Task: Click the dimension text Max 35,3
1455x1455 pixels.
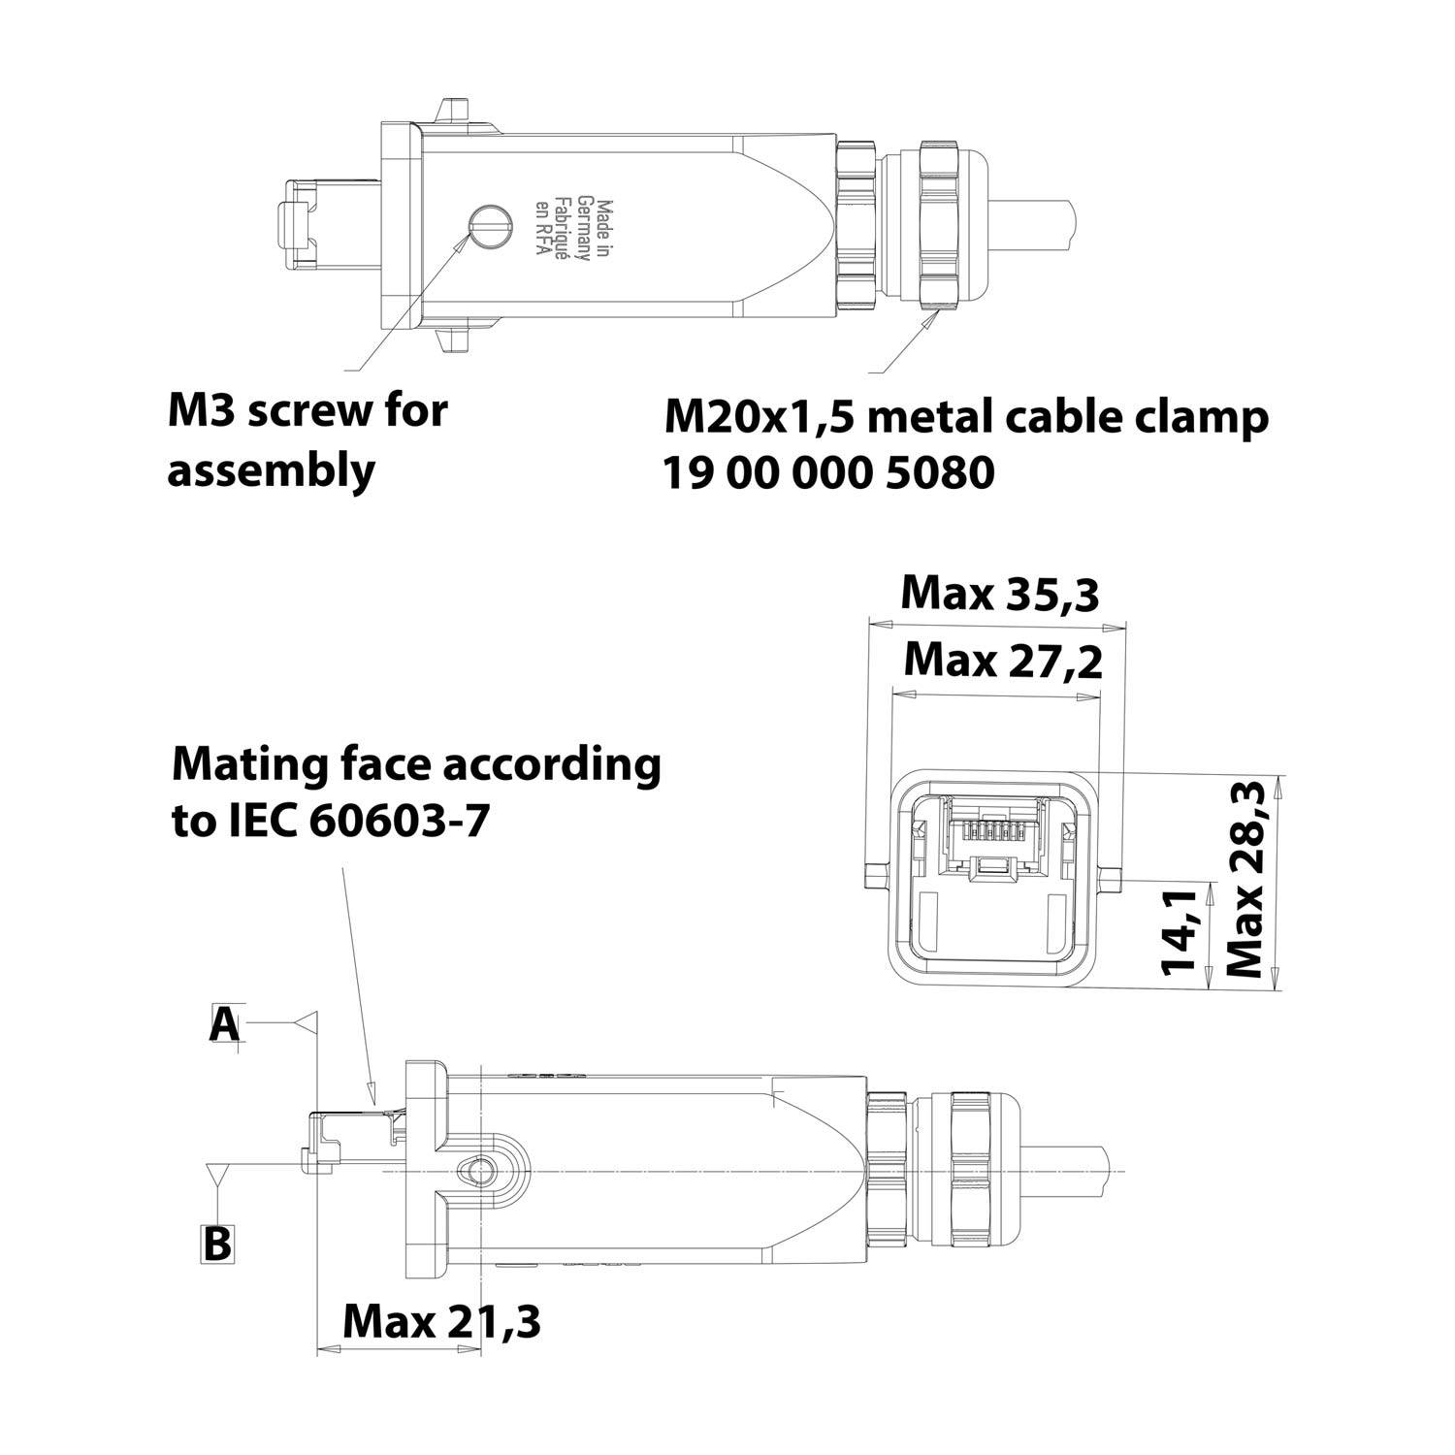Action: (1000, 594)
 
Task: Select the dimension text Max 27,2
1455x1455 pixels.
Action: (1002, 662)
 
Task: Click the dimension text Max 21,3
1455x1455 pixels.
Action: (441, 1320)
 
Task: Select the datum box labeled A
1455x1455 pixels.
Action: (225, 1024)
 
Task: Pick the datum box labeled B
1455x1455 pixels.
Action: (217, 1243)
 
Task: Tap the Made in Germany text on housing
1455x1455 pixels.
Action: (577, 231)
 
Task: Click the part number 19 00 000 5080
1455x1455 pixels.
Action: (828, 473)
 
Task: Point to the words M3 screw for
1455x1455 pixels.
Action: (307, 410)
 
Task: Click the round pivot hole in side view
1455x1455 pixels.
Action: (475, 1171)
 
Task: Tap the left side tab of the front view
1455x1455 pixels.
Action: (872, 877)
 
